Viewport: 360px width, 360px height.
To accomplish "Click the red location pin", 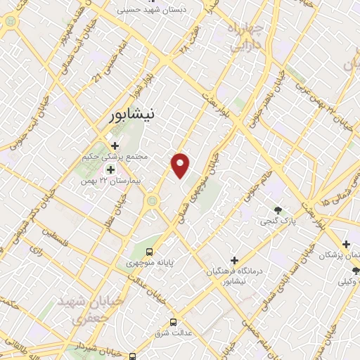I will click(181, 164).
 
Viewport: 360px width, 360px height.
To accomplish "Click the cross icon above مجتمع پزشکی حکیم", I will click(115, 146).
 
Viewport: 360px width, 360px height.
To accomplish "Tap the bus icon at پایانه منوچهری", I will click(149, 251).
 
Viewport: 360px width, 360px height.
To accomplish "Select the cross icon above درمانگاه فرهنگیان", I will click(235, 260).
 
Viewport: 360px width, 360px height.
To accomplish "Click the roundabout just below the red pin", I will click(152, 202).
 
